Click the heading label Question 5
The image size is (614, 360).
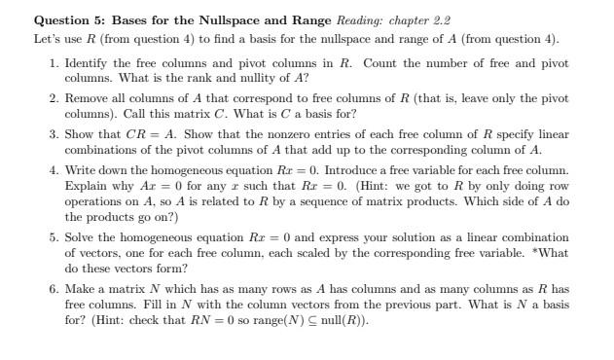(70, 19)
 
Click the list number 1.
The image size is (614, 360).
(53, 63)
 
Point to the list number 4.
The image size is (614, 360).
(53, 170)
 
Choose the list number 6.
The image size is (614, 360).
(53, 291)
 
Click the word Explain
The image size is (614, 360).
(86, 184)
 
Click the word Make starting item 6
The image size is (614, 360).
(80, 291)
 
